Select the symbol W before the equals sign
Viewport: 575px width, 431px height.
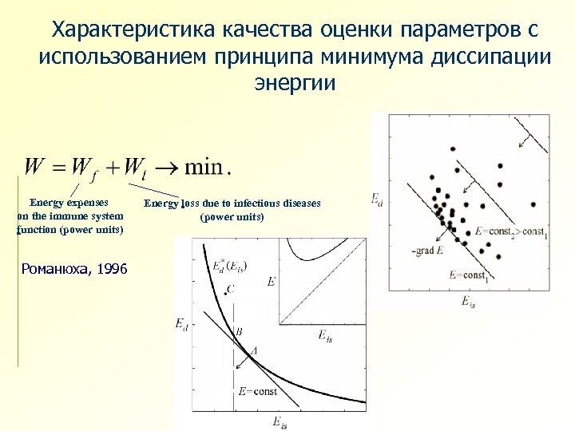pyautogui.click(x=34, y=168)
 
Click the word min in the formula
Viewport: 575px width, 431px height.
pyautogui.click(x=204, y=168)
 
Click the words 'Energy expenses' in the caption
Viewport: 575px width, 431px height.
pyautogui.click(x=69, y=203)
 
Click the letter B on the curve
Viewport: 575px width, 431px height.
pyautogui.click(x=237, y=331)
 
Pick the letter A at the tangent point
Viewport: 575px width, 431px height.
pyautogui.click(x=254, y=350)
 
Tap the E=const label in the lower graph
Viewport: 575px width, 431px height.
pyautogui.click(x=257, y=392)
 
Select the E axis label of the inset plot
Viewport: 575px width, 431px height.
pyautogui.click(x=272, y=282)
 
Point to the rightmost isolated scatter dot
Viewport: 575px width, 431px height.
pyautogui.click(x=532, y=204)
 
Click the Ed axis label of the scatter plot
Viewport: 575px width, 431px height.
pyautogui.click(x=376, y=199)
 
